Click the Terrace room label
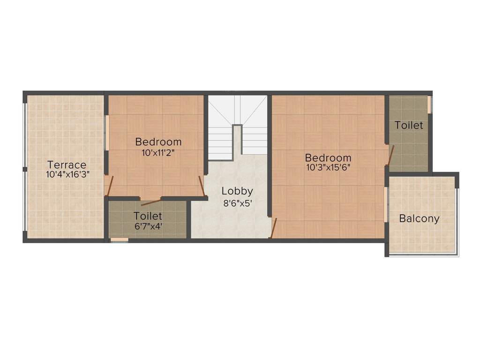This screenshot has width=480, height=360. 67,165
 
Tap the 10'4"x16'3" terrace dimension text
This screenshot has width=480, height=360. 67,174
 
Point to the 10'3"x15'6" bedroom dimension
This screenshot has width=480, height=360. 328,167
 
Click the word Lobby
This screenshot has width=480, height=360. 237,191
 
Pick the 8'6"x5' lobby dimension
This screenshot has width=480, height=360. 237,203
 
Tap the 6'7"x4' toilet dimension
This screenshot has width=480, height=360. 148,225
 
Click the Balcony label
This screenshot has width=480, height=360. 419,218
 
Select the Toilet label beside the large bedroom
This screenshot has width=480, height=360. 408,125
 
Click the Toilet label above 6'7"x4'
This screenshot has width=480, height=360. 148,216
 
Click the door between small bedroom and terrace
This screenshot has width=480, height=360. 109,185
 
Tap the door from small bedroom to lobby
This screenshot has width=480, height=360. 202,186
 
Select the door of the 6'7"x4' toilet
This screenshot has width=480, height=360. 151,202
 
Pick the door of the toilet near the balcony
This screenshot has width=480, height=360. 390,155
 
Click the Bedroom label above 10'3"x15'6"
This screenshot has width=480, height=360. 328,157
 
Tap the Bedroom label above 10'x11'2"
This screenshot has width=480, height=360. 158,142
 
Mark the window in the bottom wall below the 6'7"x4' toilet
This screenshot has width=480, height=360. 119,240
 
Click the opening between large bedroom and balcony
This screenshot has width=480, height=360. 386,204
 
